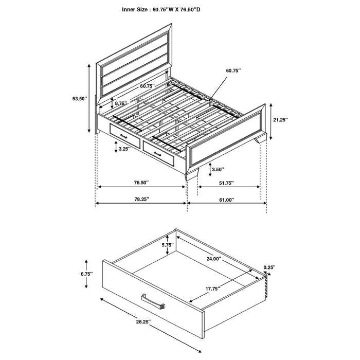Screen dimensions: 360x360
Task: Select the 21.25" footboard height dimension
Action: coord(280,120)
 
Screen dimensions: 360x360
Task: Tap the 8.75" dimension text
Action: coord(121,103)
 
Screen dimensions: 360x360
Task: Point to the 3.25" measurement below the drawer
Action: coord(122,149)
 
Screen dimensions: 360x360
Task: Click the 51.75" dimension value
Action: coord(226,183)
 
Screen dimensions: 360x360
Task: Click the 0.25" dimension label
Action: coord(269,267)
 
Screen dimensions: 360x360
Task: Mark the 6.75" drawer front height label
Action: coord(86,275)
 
